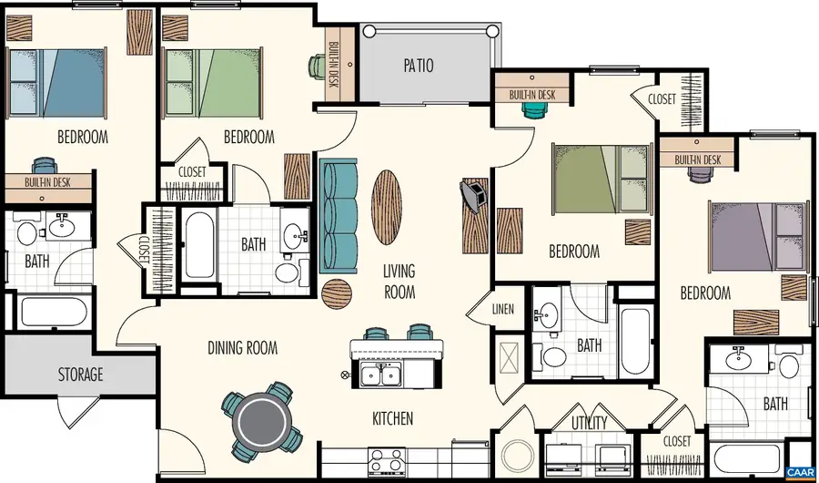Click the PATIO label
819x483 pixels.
419,66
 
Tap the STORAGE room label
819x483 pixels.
81,374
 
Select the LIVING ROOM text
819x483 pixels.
399,282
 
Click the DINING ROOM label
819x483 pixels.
242,347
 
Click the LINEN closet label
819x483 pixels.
502,309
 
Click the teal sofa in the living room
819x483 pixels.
339,209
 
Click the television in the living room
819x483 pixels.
474,193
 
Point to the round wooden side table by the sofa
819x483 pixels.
337,293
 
